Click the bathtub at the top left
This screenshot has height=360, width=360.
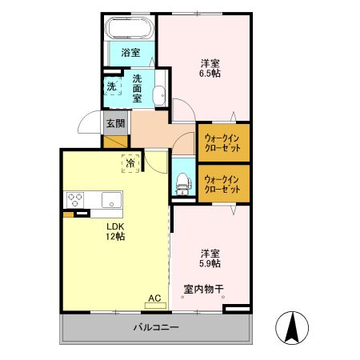tap(130, 30)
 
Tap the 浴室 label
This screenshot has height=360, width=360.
tap(130, 53)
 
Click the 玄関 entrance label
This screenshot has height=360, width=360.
tap(115, 124)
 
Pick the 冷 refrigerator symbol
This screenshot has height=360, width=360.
tap(130, 162)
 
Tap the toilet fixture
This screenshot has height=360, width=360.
tap(182, 183)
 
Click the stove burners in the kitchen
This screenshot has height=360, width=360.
tap(76, 199)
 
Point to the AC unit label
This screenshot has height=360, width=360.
tap(154, 298)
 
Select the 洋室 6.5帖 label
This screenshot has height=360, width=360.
tap(210, 67)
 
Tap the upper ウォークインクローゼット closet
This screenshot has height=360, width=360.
tap(223, 142)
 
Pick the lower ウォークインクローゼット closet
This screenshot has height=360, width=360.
tap(223, 184)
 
